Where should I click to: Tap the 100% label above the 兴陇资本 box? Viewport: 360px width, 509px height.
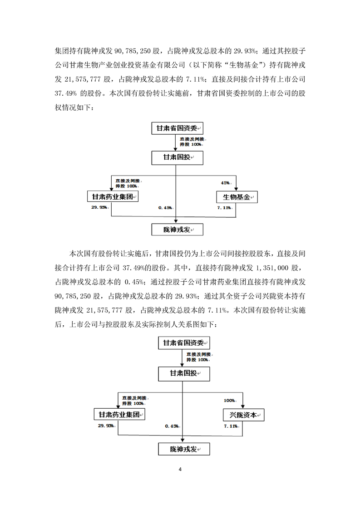[229, 401]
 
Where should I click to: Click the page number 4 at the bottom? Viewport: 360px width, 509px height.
[180, 469]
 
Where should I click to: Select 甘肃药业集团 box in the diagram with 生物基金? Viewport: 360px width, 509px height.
[112, 197]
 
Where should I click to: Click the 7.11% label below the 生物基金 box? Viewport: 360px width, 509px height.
[225, 207]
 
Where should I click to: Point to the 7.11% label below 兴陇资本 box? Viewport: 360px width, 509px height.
[231, 426]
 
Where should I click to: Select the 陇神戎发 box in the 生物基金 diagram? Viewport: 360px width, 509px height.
[177, 230]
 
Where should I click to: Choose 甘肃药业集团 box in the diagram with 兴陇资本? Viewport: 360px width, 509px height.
[119, 415]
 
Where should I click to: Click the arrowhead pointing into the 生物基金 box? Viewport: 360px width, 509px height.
[237, 189]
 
